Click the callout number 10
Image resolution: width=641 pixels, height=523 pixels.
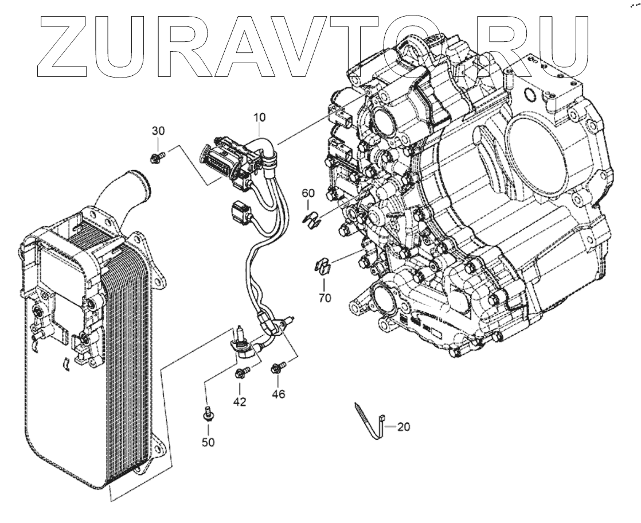(259, 117)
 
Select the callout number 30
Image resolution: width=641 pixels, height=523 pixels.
(158, 131)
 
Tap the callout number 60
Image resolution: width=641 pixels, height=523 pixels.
(308, 192)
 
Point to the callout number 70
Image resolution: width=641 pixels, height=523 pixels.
(325, 299)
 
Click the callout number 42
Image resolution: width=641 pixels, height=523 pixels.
(240, 402)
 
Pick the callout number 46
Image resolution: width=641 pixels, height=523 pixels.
(279, 394)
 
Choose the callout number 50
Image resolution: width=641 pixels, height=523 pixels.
(208, 443)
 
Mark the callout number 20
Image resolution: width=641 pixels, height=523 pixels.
(404, 427)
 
